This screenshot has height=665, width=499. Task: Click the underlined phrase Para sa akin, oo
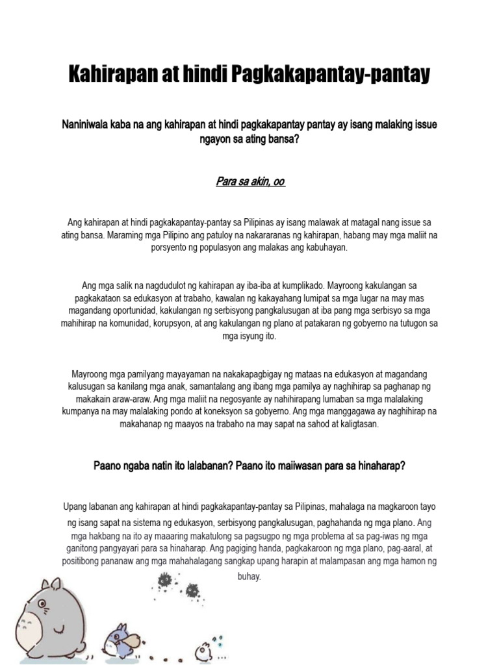click(x=250, y=182)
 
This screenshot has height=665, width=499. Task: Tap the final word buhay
click(x=249, y=576)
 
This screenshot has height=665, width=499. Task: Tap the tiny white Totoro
click(x=203, y=650)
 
